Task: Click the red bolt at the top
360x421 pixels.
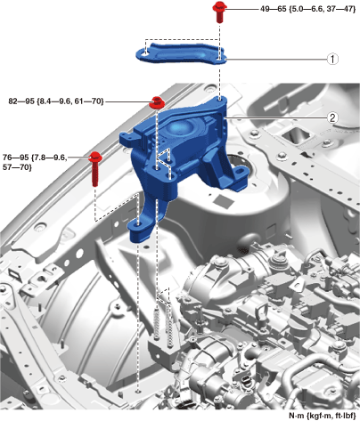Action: click(x=219, y=12)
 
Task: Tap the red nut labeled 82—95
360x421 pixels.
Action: click(x=157, y=102)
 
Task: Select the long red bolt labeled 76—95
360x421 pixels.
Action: click(x=95, y=167)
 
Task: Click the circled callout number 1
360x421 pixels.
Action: click(x=332, y=59)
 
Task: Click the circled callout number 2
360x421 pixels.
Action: click(x=332, y=117)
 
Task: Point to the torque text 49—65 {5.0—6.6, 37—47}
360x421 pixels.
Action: click(x=307, y=9)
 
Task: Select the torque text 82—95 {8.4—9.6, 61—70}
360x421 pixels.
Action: click(x=56, y=101)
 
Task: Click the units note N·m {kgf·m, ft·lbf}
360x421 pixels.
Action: click(x=322, y=416)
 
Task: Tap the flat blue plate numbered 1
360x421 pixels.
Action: click(x=181, y=53)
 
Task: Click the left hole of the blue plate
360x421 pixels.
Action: click(x=144, y=54)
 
